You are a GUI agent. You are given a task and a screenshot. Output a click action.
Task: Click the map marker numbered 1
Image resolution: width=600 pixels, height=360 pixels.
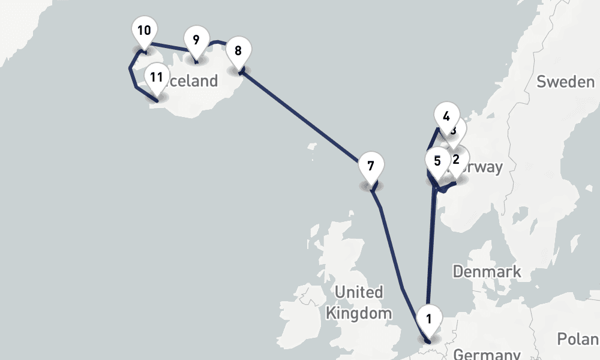[x=429, y=319]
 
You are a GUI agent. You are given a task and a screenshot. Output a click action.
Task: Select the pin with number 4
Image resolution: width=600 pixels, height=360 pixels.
[x=445, y=116]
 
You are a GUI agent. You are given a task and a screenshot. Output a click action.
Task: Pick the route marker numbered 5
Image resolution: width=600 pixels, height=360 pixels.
[x=437, y=161]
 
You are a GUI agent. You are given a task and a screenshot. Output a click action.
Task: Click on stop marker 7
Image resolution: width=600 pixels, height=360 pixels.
[x=370, y=166]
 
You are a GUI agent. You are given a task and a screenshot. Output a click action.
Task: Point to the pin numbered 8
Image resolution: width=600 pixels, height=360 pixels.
[x=238, y=51]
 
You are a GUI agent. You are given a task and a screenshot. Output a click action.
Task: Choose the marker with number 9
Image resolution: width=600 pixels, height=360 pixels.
[x=196, y=40]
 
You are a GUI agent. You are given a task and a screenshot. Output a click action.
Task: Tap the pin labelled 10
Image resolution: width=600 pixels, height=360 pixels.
[x=144, y=31]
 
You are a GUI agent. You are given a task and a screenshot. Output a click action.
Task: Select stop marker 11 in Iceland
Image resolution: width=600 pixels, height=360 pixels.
[x=157, y=77]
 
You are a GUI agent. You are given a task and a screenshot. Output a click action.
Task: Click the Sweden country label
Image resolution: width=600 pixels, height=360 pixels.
[x=565, y=82]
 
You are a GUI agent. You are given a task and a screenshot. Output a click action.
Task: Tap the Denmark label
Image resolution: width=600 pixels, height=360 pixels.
[x=487, y=272]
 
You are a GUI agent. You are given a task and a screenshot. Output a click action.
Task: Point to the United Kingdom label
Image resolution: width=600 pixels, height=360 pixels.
[x=359, y=302]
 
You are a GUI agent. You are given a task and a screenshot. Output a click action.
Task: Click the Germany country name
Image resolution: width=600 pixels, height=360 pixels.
[x=487, y=353]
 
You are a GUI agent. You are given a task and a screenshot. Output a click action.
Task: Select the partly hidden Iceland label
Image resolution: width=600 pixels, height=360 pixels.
[x=195, y=82]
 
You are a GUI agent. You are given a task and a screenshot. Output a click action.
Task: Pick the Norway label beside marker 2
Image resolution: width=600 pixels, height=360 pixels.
[x=484, y=167]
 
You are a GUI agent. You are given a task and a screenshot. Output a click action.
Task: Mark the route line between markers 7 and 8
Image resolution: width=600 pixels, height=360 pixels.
[x=300, y=116]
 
